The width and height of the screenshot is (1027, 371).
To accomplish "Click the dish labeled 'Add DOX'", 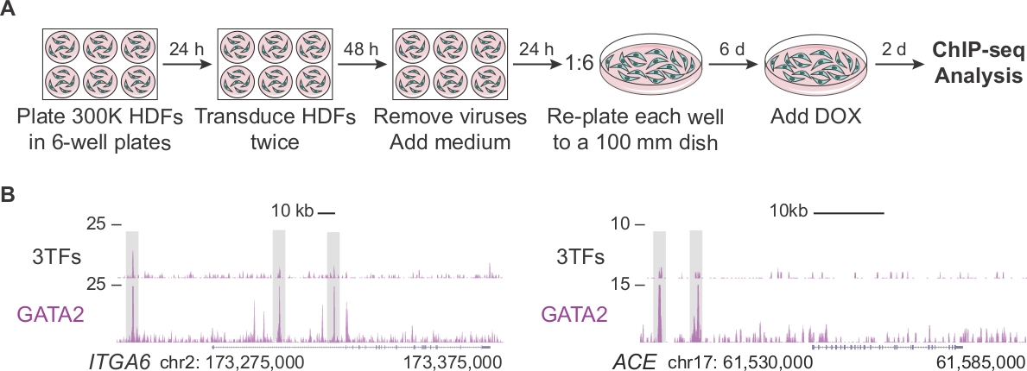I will pyautogui.click(x=816, y=66).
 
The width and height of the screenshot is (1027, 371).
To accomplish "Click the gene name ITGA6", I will pyautogui.click(x=115, y=358).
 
